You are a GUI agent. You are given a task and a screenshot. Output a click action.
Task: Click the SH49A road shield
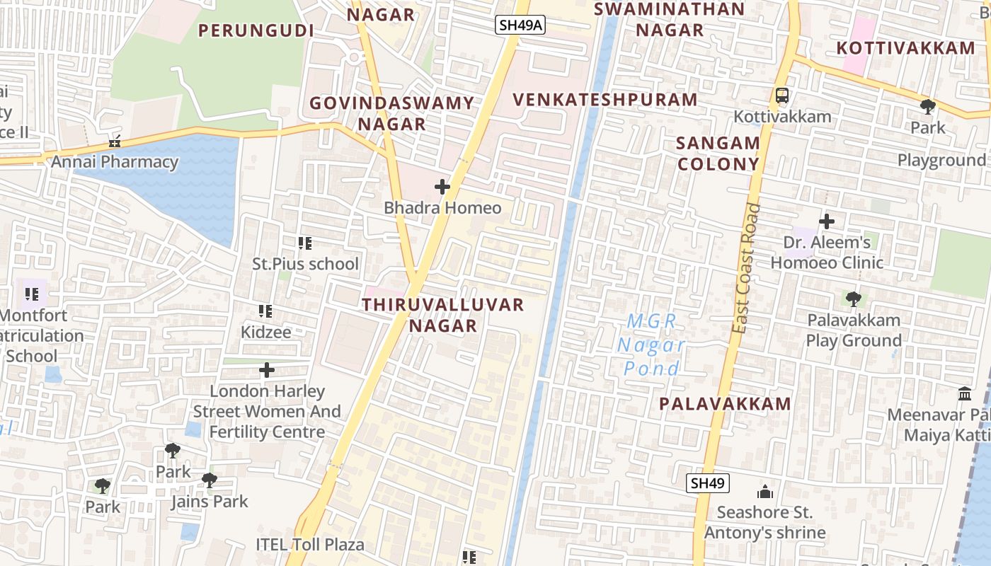[519, 25]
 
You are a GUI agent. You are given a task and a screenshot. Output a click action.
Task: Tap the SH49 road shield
[708, 484]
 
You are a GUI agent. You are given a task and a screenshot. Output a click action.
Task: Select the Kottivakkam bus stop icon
[781, 96]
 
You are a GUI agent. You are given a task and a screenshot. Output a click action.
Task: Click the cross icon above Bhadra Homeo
[442, 187]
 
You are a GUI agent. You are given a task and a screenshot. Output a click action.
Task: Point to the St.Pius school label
[306, 264]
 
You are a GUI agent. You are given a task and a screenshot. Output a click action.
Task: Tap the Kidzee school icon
[265, 311]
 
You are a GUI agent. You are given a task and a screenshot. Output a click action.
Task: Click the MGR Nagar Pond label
[652, 345]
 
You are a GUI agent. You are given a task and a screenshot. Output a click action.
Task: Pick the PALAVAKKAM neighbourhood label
[725, 404]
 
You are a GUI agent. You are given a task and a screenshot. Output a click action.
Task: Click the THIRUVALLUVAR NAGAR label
[443, 315]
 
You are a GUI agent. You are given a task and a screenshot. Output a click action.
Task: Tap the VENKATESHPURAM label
[605, 100]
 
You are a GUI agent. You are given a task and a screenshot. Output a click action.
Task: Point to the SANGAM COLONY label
[718, 154]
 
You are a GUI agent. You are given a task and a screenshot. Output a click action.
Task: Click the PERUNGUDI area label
[256, 30]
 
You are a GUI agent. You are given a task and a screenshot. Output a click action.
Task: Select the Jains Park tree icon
[209, 480]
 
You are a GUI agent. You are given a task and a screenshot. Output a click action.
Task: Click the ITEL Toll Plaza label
[310, 544]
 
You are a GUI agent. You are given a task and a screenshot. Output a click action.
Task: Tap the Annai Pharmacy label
[115, 162]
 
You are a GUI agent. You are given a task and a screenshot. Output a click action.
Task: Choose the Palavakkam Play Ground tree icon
[854, 299]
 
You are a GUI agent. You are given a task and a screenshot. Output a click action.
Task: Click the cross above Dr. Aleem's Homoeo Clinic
[826, 221]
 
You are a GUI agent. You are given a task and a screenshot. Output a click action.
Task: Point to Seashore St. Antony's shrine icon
[765, 492]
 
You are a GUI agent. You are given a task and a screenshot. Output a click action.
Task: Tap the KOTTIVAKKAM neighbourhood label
[905, 48]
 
